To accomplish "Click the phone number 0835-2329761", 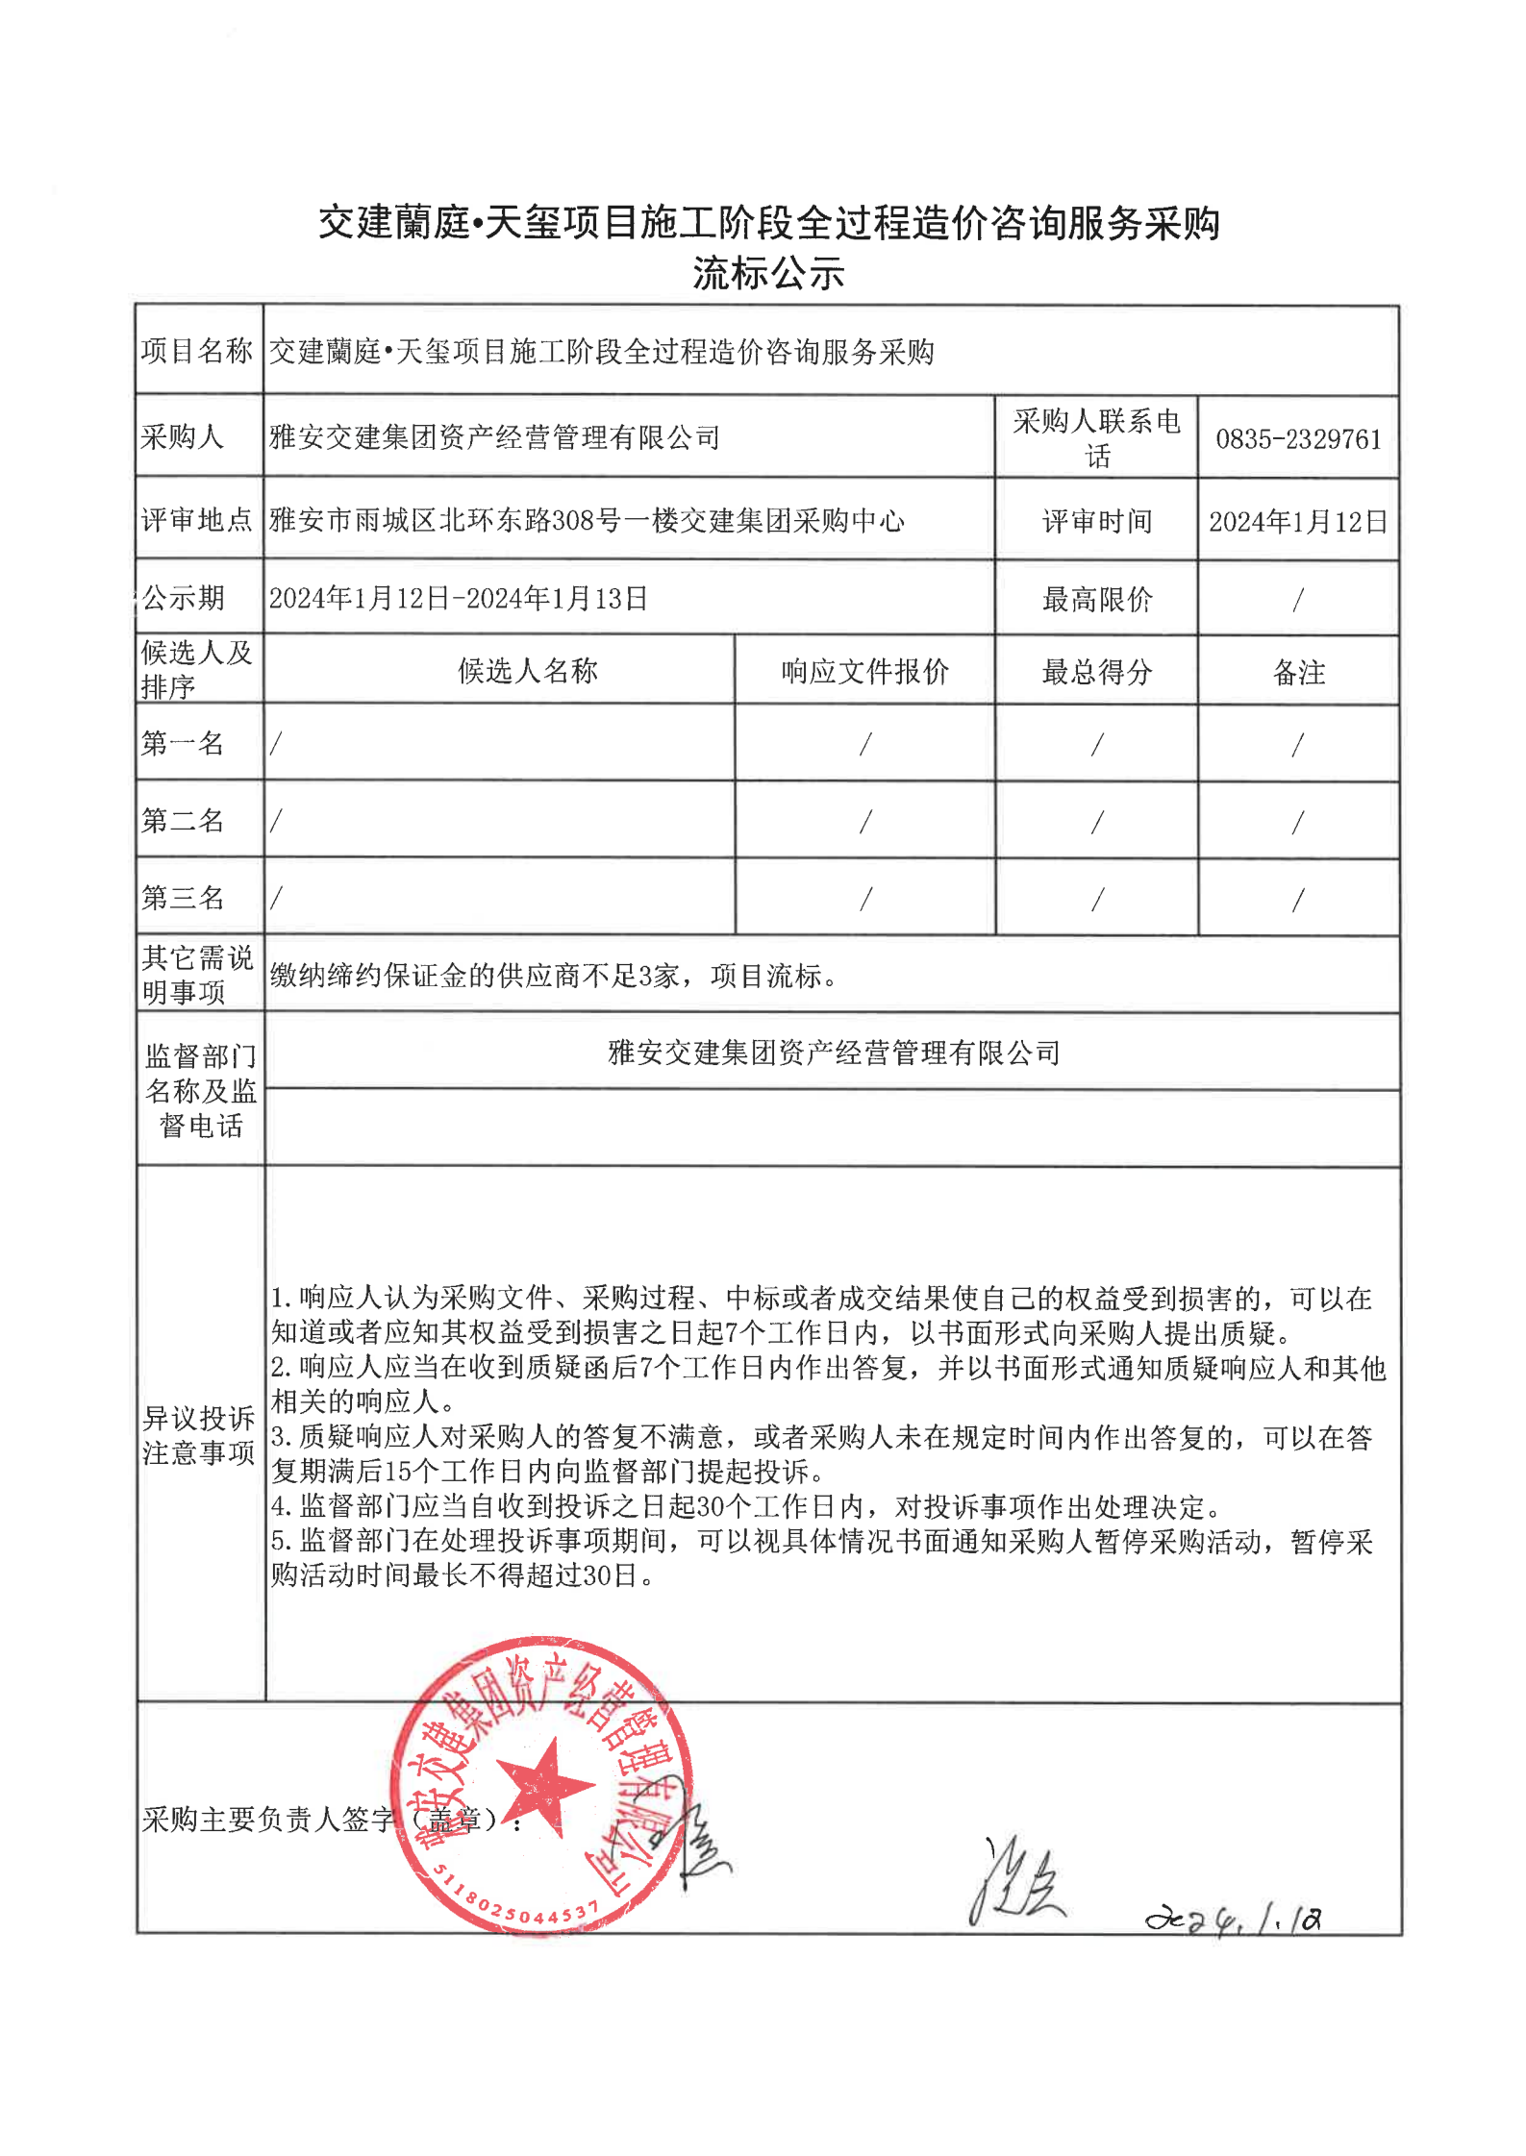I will tap(1297, 439).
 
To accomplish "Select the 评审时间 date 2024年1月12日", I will tap(1297, 522).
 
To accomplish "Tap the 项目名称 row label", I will tap(197, 351).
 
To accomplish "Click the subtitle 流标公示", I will tap(768, 274).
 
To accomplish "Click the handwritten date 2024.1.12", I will tap(1233, 1918).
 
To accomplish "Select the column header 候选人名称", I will tap(528, 671).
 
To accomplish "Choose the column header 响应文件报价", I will tap(864, 671).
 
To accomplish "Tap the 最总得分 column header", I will tap(1096, 672).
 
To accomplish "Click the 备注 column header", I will tap(1298, 672).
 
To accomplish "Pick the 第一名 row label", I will tap(183, 743).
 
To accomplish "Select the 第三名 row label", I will tap(183, 898).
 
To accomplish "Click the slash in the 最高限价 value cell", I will tap(1298, 600).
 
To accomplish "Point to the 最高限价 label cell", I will tap(1096, 600).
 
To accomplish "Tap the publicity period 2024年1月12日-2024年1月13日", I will tap(459, 599).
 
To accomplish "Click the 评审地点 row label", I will tap(197, 520).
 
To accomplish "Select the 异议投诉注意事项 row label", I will tap(199, 1435).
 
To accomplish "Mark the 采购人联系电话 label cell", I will tap(1096, 437).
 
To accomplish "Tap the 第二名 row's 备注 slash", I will tap(1298, 822).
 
